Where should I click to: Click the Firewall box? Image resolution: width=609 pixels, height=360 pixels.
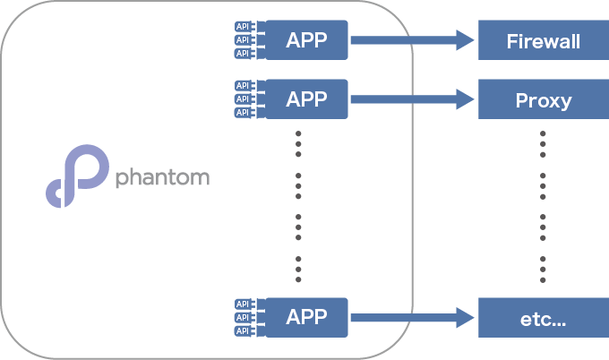pos(544,40)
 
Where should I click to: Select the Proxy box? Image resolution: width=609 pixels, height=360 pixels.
pos(544,99)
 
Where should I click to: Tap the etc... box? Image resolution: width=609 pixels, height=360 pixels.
pos(544,318)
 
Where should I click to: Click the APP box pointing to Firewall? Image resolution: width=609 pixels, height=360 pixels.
pos(306,40)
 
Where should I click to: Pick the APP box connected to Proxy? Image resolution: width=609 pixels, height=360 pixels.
pos(306,99)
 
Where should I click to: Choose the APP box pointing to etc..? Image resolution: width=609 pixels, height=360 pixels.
pos(306,318)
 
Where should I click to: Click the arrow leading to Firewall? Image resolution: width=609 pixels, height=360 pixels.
pos(413,40)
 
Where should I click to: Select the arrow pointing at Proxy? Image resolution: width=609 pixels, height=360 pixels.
pos(413,99)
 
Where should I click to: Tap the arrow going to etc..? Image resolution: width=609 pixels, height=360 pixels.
pos(413,318)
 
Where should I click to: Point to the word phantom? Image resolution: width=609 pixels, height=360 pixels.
pos(162,177)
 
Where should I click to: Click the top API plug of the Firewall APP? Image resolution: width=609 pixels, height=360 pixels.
pos(245,26)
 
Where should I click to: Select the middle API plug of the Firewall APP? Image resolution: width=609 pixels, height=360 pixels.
pos(245,40)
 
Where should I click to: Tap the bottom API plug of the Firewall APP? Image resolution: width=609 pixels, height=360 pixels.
pos(245,53)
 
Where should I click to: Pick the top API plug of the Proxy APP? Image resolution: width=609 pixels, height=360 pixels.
pos(245,85)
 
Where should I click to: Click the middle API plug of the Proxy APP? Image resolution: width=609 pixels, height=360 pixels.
pos(245,99)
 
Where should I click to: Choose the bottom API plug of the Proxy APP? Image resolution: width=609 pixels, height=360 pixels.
pos(245,112)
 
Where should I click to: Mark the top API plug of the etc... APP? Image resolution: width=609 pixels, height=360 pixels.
pos(245,304)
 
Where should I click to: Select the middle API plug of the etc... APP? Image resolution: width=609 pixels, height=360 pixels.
pos(245,318)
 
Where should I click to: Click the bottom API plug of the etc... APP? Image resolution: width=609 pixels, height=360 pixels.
pos(245,330)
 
